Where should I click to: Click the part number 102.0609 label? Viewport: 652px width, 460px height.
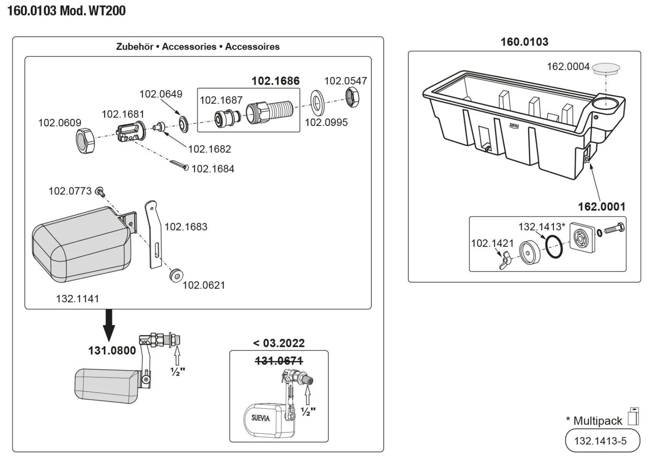pos(60,123)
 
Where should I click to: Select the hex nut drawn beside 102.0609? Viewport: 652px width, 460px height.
pos(85,141)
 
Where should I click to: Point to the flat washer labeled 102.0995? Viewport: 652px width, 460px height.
pos(317,103)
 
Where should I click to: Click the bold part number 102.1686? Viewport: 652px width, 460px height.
pos(275,81)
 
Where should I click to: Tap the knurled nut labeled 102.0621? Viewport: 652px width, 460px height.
pos(176,275)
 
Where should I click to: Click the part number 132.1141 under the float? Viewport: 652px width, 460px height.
pos(77,299)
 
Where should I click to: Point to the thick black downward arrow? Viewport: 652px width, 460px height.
pos(109,325)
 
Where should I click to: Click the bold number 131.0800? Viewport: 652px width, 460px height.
pos(112,351)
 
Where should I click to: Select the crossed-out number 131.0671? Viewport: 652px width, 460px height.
pos(279,361)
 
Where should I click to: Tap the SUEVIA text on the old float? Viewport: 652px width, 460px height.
pos(260,418)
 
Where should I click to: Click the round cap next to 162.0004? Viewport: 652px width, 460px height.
pos(606,69)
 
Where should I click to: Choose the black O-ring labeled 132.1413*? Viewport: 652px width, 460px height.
pos(554,246)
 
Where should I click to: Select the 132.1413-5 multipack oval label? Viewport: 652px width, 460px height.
pos(602,441)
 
